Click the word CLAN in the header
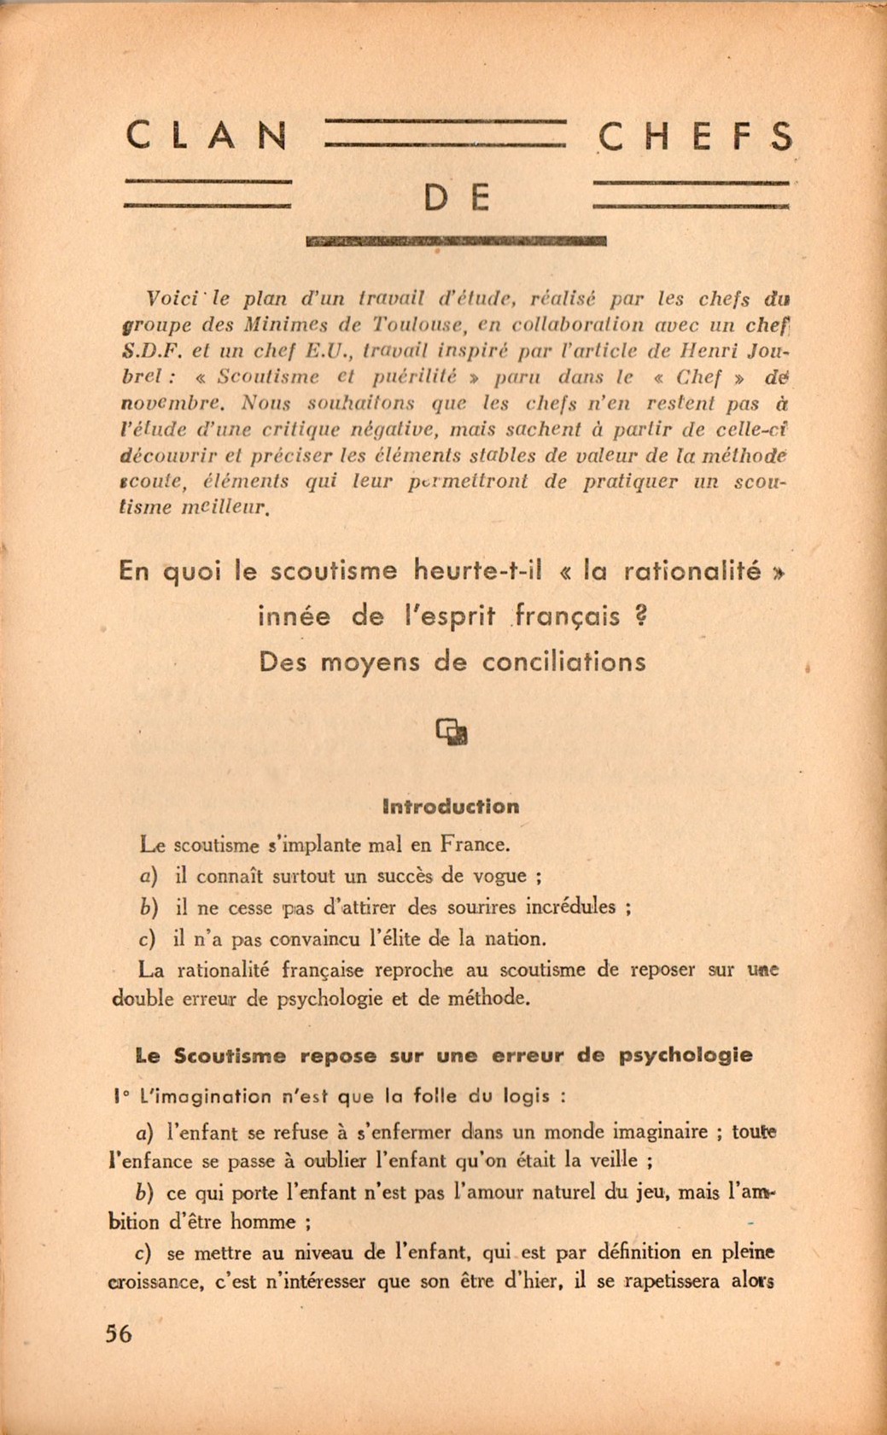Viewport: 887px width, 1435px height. click(207, 136)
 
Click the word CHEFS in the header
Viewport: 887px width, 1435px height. click(696, 137)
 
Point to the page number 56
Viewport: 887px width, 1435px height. click(119, 1333)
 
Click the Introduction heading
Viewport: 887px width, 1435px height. click(452, 807)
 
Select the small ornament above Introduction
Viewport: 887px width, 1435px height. click(452, 731)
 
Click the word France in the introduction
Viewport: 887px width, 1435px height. click(474, 845)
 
